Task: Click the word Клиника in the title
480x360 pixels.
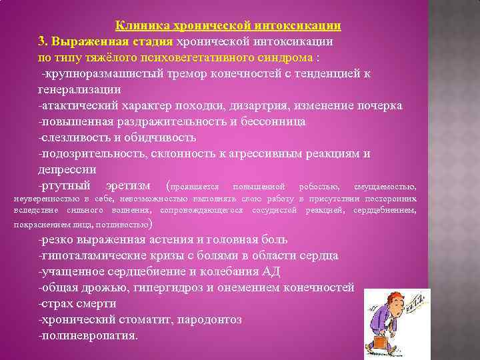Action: pos(139,26)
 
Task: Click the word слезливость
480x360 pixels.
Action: pos(75,137)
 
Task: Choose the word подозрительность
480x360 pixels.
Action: pos(89,153)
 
